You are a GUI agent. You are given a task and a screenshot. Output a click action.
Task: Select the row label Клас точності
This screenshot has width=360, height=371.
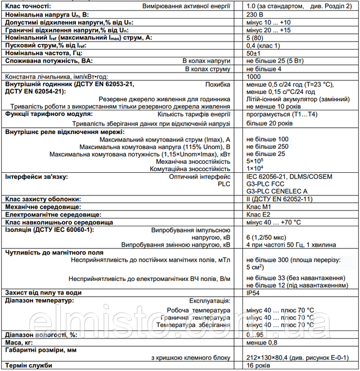click(29, 5)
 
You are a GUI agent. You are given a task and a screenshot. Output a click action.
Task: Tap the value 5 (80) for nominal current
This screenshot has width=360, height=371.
click(258, 37)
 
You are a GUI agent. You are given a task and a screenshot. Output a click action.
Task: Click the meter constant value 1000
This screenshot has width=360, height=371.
click(254, 76)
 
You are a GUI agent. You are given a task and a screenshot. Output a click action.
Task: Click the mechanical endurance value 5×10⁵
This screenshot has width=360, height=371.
click(255, 160)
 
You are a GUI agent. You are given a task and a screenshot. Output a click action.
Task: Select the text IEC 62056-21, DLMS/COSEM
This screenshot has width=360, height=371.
click(289, 176)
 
